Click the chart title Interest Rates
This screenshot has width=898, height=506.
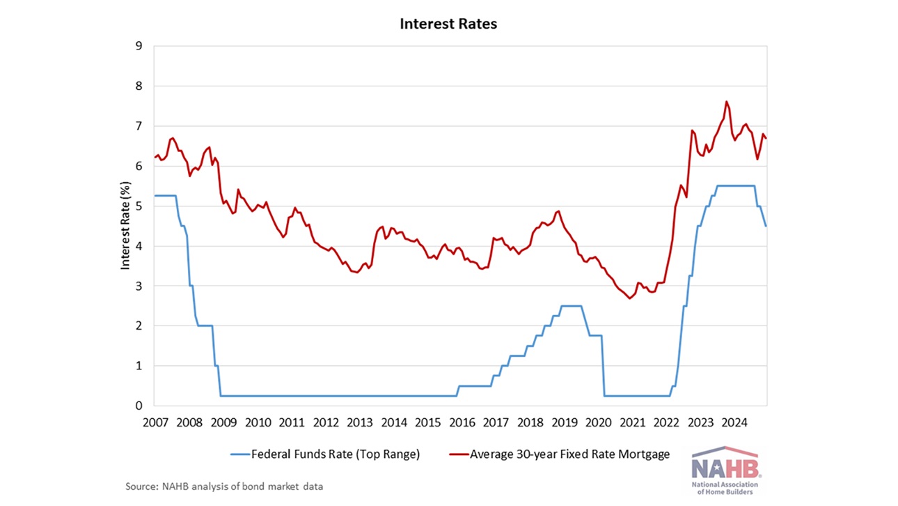coord(448,24)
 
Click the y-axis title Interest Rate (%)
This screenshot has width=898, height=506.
coord(126,225)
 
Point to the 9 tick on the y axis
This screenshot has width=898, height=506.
coord(139,47)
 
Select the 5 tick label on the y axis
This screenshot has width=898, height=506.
coord(139,206)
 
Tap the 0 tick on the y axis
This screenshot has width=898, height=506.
coord(139,406)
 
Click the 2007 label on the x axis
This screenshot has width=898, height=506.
coord(155,422)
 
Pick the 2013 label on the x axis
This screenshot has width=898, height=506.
coord(359,422)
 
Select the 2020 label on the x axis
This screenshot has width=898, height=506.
coord(598,422)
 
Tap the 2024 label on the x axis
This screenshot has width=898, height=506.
coord(734,422)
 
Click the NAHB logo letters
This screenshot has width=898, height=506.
coord(724,466)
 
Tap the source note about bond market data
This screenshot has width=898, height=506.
coord(224,486)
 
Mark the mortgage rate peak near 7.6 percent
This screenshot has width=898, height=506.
coord(727,102)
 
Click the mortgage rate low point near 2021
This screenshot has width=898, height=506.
coord(629,298)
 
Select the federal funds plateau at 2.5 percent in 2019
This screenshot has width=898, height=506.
coord(572,306)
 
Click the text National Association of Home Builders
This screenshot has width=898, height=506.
coord(724,488)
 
